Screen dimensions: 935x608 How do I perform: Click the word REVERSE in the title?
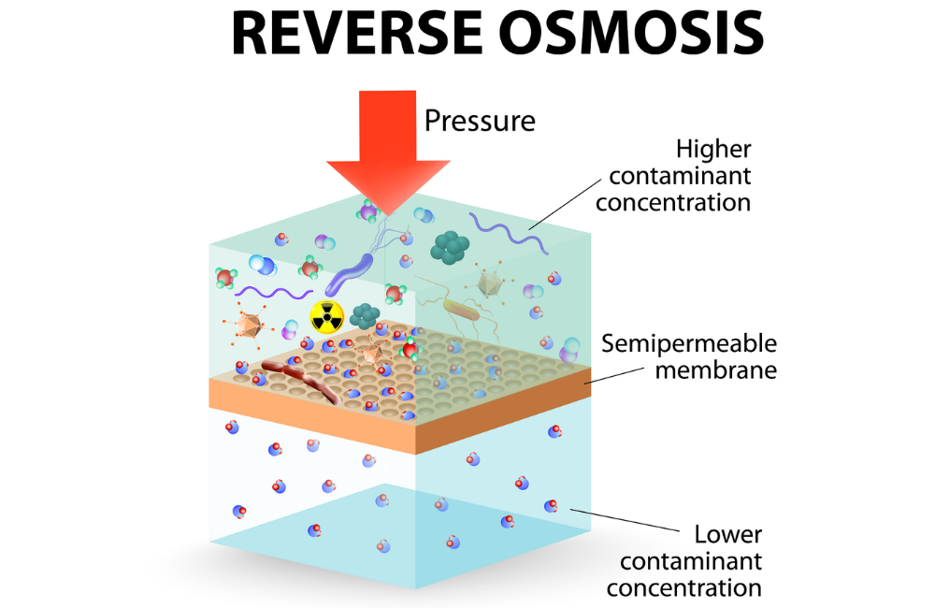click(x=356, y=34)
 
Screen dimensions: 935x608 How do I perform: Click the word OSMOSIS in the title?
click(x=631, y=34)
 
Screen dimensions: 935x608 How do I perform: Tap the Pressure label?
click(x=480, y=121)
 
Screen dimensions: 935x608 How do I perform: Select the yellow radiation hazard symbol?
click(x=326, y=316)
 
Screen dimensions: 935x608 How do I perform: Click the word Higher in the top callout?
click(x=713, y=149)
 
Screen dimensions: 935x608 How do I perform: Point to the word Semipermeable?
click(x=689, y=343)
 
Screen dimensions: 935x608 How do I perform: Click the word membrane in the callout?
click(x=715, y=370)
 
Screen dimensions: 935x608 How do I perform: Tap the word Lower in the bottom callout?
click(x=727, y=535)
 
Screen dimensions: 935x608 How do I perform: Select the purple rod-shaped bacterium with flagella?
click(x=349, y=274)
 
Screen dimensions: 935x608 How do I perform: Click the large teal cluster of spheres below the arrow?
click(x=451, y=247)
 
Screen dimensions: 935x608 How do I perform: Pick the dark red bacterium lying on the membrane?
click(x=301, y=380)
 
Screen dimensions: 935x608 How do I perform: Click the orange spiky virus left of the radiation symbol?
click(x=248, y=326)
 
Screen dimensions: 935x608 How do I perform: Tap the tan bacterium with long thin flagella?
click(x=461, y=311)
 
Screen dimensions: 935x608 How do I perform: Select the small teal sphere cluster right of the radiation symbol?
click(x=365, y=315)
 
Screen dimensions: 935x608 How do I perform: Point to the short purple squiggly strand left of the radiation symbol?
click(x=274, y=293)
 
